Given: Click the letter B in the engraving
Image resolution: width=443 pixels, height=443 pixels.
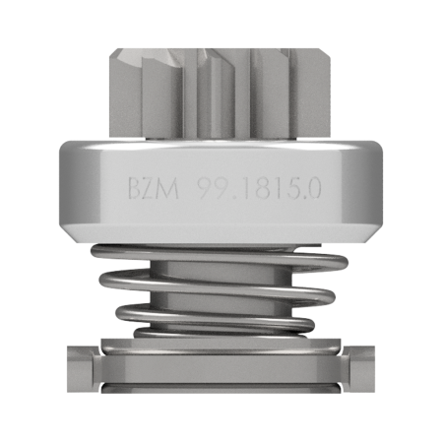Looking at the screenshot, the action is pos(134,188).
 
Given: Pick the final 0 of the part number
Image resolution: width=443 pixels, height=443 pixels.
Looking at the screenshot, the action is pos(313,188).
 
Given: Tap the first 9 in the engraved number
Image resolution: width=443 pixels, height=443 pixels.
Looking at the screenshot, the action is pos(207,188).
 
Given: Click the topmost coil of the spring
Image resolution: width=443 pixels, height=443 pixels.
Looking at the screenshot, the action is pos(220,256).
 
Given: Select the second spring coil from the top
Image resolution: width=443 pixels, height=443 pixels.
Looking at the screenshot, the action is pos(217,285).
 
